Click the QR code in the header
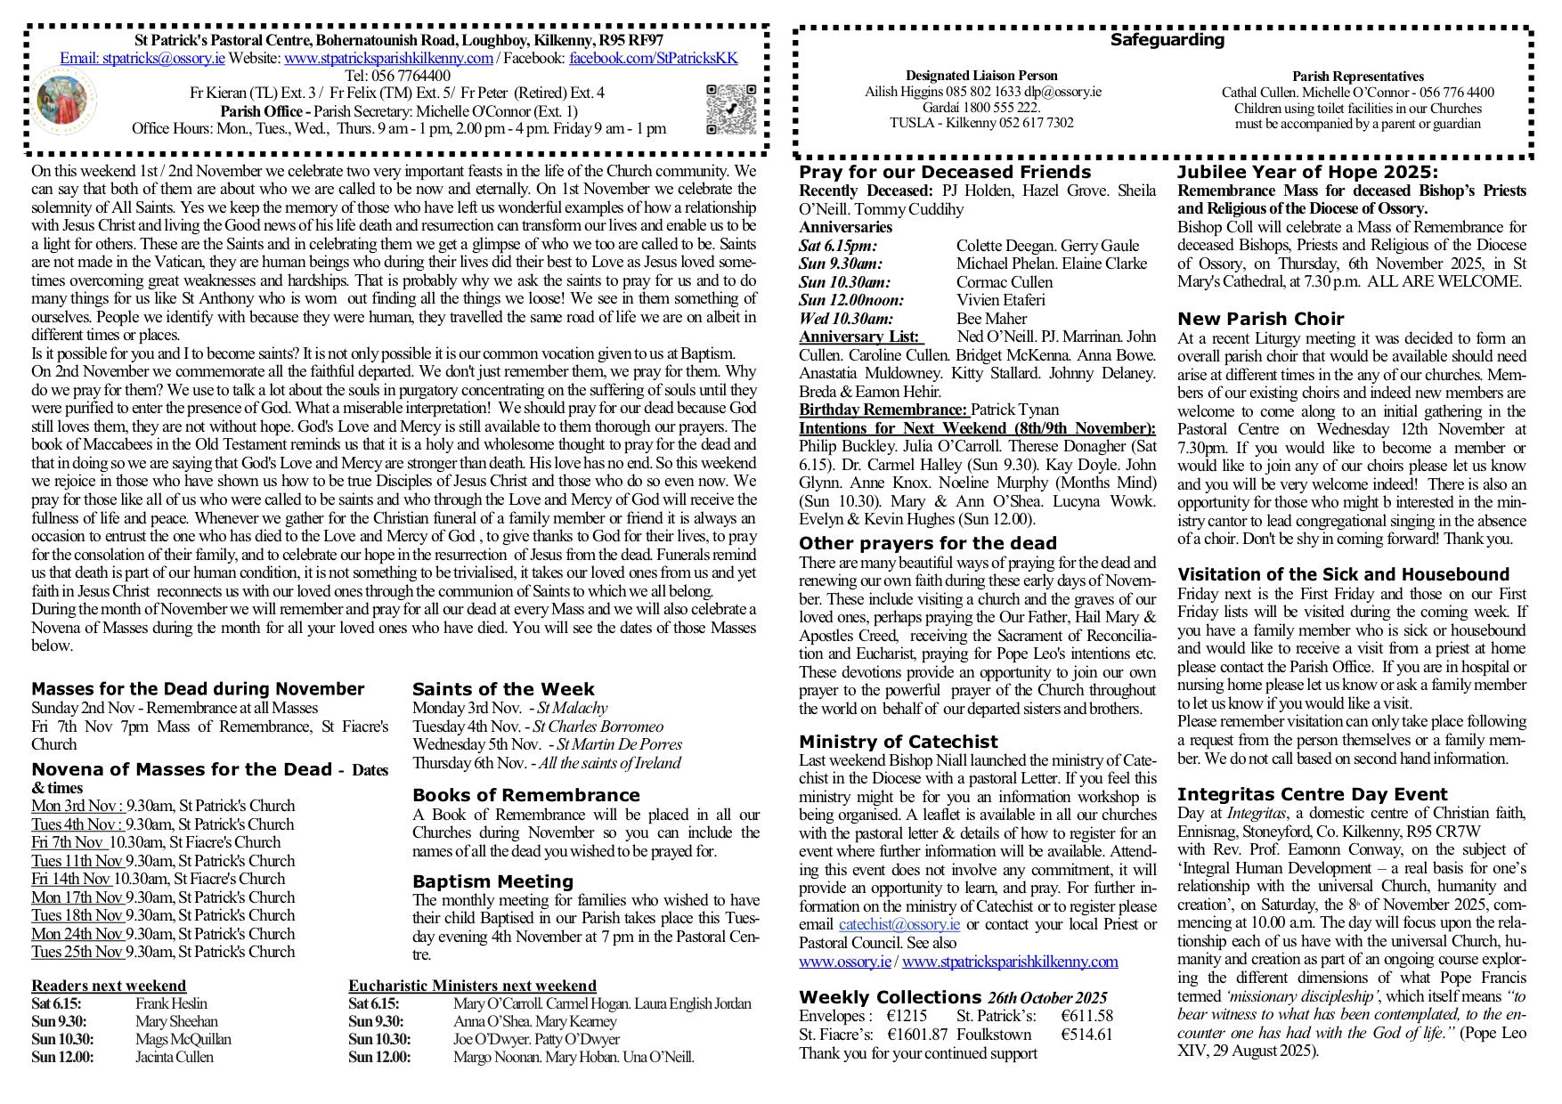point(730,109)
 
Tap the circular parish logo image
point(66,100)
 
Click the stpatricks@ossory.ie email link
point(142,59)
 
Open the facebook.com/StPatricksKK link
point(653,59)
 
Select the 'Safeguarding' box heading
point(1167,40)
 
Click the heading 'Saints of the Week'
point(503,689)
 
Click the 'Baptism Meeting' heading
point(492,881)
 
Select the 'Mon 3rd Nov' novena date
point(77,807)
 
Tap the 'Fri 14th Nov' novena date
point(72,879)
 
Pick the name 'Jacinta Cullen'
point(175,1058)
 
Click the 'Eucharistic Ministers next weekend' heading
point(472,986)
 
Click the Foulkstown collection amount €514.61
point(1086,1035)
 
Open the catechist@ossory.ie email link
point(899,924)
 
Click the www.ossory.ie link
point(845,962)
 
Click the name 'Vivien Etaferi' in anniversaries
point(1000,300)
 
